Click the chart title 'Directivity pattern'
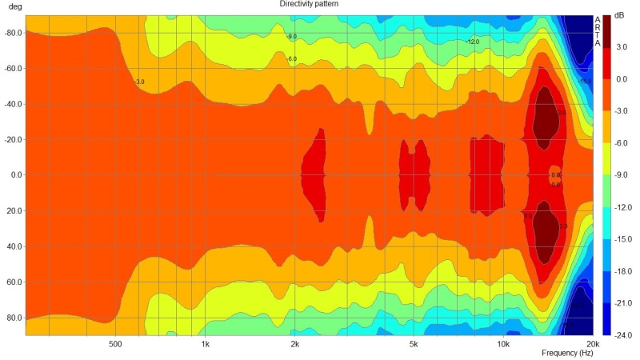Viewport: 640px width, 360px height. pyautogui.click(x=308, y=4)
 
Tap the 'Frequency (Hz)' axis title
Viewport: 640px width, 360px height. pyautogui.click(x=567, y=353)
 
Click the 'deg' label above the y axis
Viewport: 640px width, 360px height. pyautogui.click(x=14, y=6)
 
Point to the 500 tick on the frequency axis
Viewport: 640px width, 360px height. pyautogui.click(x=114, y=345)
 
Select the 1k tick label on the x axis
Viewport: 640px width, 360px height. pyautogui.click(x=205, y=345)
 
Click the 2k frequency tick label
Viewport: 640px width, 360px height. pyautogui.click(x=294, y=345)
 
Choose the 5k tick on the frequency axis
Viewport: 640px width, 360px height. pyautogui.click(x=414, y=345)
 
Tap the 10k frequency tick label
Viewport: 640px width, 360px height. pyautogui.click(x=502, y=345)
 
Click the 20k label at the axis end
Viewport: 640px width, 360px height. pyautogui.click(x=592, y=345)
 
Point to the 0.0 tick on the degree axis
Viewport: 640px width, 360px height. pyautogui.click(x=14, y=175)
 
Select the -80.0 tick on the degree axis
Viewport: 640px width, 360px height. pyautogui.click(x=13, y=33)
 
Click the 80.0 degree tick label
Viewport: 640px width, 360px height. pyautogui.click(x=14, y=318)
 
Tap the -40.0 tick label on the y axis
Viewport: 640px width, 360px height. pyautogui.click(x=13, y=104)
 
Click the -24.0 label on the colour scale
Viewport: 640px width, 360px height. pyautogui.click(x=622, y=335)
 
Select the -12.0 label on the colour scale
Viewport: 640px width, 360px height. pyautogui.click(x=622, y=207)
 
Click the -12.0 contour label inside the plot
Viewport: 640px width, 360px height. pyautogui.click(x=473, y=42)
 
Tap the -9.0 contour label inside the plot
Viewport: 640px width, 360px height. pyautogui.click(x=291, y=37)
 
